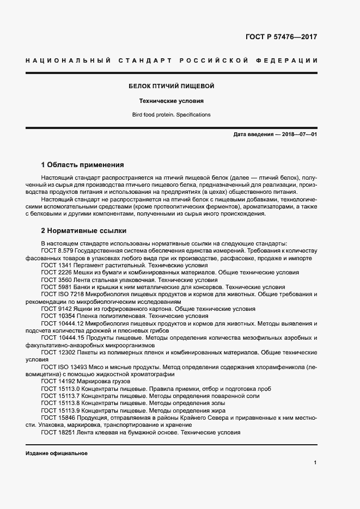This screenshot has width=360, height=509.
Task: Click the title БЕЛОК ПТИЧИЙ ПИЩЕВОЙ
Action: [x=171, y=86]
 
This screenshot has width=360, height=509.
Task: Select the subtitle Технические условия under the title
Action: [x=171, y=101]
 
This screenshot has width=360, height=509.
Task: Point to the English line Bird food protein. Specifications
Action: [x=171, y=115]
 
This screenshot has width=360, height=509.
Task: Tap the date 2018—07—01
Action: [x=299, y=134]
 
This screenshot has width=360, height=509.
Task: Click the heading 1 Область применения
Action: [x=83, y=164]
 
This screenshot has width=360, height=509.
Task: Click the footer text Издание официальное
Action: [x=57, y=453]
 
